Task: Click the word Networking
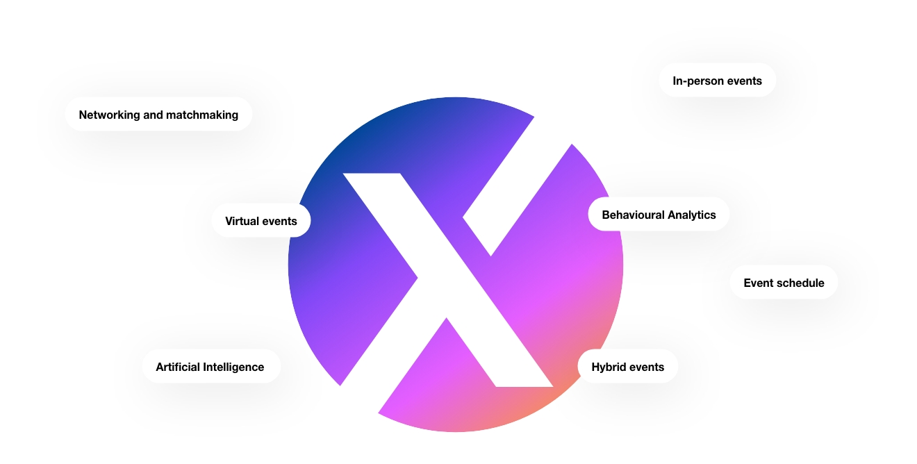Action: [x=109, y=115]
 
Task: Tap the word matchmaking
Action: [x=202, y=115]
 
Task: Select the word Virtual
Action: [x=242, y=222]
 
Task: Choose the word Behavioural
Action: [x=633, y=215]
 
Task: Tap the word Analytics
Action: [x=692, y=215]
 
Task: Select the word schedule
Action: [x=798, y=283]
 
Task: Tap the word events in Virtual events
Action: [x=279, y=222]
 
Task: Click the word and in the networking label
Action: [x=153, y=115]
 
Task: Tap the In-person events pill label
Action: [x=717, y=80]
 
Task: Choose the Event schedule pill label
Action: [x=784, y=282]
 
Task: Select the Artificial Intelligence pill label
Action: [x=211, y=366]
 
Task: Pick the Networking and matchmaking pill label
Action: [x=158, y=114]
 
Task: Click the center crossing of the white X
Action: [x=449, y=270]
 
